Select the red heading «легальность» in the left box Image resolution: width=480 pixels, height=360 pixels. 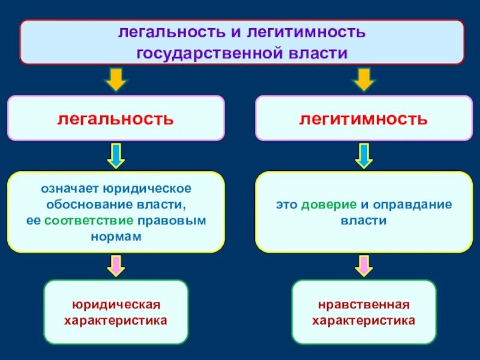pos(115,118)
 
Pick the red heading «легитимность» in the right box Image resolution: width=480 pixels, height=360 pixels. pos(364,118)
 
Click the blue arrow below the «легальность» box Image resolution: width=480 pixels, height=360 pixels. pos(116,155)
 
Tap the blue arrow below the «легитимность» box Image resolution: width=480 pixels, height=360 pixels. pos(363,155)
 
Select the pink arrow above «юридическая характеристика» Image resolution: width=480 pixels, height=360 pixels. pos(116,265)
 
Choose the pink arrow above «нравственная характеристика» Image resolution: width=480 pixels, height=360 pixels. pos(363,265)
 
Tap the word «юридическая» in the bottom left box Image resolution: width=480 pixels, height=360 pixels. pos(116,305)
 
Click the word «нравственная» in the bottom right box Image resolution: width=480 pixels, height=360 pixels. pos(363,305)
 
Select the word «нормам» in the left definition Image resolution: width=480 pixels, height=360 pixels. pos(116,236)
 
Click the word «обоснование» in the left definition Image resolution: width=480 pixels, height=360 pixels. pos(87,205)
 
